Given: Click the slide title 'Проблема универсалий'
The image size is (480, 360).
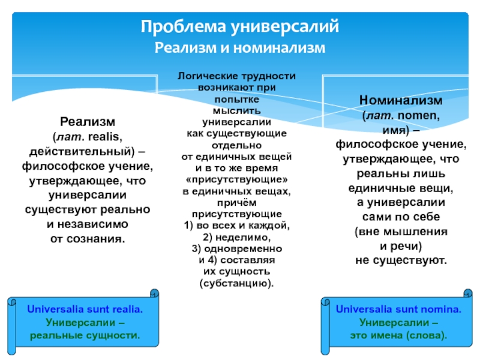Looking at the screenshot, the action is [240, 27].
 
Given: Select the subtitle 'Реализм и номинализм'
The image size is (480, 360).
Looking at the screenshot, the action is [240, 47].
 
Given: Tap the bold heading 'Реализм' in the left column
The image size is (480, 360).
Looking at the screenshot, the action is [88, 122].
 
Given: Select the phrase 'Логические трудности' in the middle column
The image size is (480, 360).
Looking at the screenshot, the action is [237, 77].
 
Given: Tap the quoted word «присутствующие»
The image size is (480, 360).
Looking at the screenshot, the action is [237, 179].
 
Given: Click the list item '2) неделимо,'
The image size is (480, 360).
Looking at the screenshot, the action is [237, 238].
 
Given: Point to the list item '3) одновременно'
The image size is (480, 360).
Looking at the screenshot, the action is [237, 249].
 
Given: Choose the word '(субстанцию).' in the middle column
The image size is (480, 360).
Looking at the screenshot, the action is [237, 283].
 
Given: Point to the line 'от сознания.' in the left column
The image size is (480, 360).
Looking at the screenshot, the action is [88, 238].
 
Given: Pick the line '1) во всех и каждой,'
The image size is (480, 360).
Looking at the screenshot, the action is [237, 226].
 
